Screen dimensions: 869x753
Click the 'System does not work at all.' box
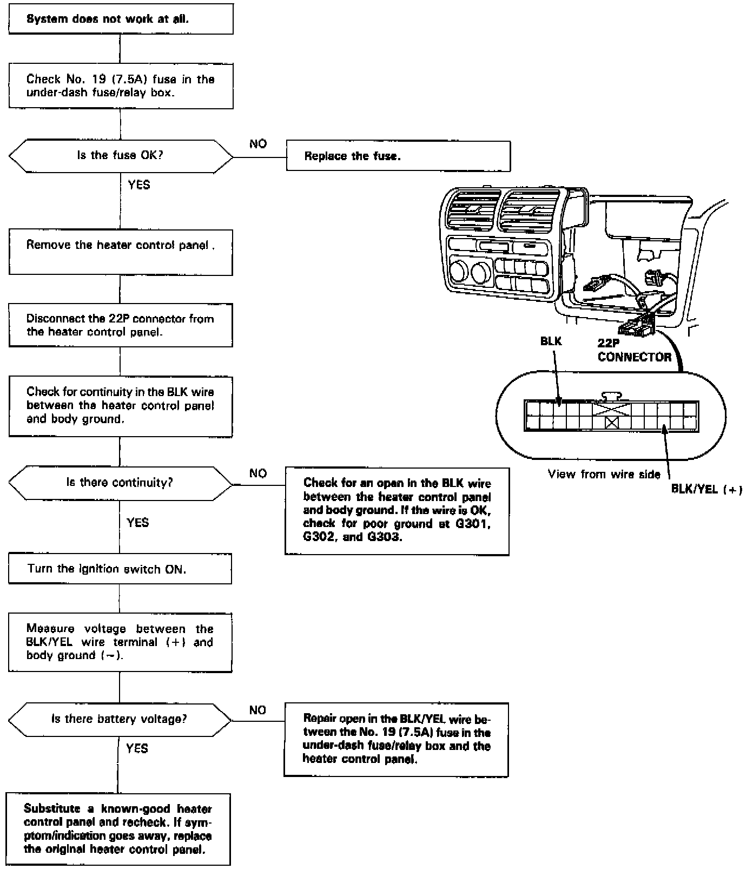click(121, 19)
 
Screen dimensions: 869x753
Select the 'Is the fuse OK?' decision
click(121, 156)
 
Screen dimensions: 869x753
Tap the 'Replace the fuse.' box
click(398, 156)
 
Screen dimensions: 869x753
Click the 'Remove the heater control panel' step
click(121, 252)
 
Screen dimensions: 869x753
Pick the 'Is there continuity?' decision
click(120, 483)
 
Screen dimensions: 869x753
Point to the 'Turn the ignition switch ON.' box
click(120, 569)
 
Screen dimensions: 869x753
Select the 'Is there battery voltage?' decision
click(120, 719)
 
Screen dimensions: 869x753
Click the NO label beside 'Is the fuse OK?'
click(258, 144)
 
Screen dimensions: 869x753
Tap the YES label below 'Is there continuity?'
click(137, 523)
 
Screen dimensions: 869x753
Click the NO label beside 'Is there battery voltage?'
click(258, 710)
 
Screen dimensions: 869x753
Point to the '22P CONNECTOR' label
click(634, 350)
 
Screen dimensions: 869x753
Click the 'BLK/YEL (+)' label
click(706, 490)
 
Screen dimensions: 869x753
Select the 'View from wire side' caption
click(604, 475)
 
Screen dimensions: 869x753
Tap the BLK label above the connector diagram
click(551, 341)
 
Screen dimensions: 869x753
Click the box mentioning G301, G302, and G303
click(397, 511)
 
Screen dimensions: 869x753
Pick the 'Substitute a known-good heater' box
click(118, 829)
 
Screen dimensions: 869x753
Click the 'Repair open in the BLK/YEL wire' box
click(397, 739)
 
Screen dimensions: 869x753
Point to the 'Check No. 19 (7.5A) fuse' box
click(121, 86)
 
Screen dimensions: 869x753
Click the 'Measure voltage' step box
click(120, 642)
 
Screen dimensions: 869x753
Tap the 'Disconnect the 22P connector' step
click(121, 325)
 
